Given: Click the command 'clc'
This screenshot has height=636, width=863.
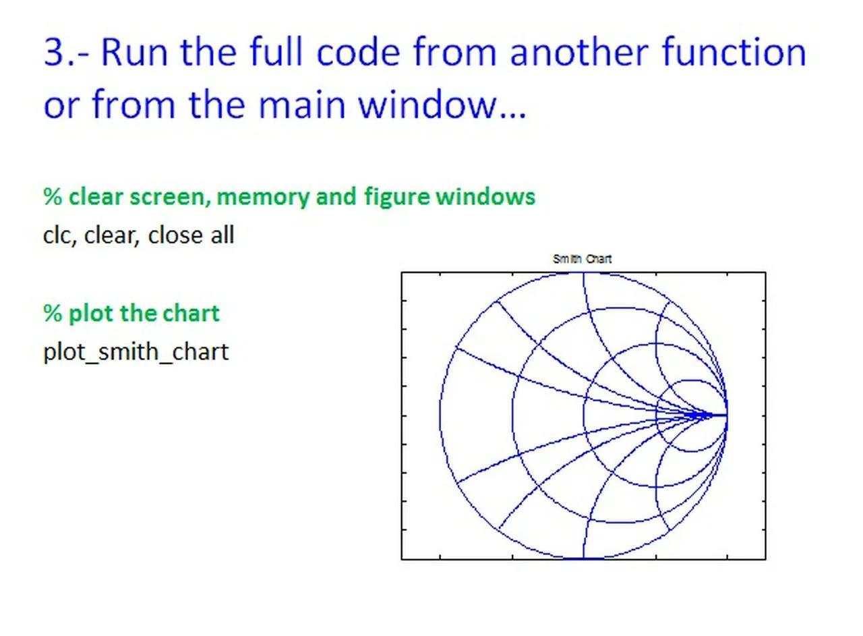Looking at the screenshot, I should pyautogui.click(x=57, y=235).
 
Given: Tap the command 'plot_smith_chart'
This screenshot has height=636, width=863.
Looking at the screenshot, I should pyautogui.click(x=136, y=352).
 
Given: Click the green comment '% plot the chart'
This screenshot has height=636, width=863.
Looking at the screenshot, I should pyautogui.click(x=131, y=314).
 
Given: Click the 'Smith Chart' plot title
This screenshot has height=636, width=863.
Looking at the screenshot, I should pyautogui.click(x=582, y=259).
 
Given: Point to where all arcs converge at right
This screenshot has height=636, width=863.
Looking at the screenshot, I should pyautogui.click(x=727, y=415).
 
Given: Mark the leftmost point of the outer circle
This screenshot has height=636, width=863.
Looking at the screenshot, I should pyautogui.click(x=440, y=415).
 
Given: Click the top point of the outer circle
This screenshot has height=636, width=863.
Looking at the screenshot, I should pyautogui.click(x=583, y=272).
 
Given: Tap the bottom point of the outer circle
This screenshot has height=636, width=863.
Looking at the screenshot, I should pyautogui.click(x=583, y=558).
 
